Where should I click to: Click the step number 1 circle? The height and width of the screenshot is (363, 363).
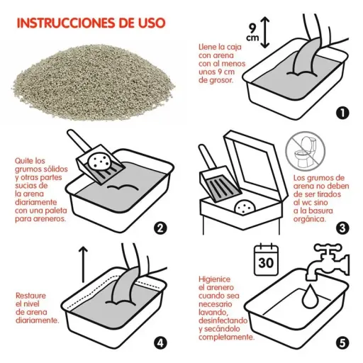(342, 113)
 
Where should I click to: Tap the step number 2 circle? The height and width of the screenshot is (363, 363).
(160, 228)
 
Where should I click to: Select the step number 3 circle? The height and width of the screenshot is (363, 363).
(342, 228)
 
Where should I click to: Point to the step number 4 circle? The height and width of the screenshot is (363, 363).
(160, 343)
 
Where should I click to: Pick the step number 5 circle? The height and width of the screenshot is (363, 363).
(342, 343)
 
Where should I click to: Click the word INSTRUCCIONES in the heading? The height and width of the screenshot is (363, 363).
(67, 23)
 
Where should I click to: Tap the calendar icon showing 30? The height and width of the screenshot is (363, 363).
(266, 259)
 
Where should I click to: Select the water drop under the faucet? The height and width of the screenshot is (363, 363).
(309, 296)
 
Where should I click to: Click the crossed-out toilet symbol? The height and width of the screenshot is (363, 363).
(305, 151)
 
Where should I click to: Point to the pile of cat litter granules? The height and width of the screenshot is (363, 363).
(94, 82)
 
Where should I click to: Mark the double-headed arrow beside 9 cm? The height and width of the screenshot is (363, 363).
(265, 33)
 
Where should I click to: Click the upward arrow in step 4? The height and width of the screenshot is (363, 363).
(83, 264)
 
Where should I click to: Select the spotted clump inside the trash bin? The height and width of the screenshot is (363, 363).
(245, 207)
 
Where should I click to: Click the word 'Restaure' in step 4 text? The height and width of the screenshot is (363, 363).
(30, 296)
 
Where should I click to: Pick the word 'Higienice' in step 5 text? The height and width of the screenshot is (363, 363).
(214, 279)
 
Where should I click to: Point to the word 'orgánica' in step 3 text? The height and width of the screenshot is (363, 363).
(310, 219)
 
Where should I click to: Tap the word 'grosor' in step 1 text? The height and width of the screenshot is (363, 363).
(220, 80)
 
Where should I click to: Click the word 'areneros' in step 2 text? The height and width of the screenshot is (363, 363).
(50, 218)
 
